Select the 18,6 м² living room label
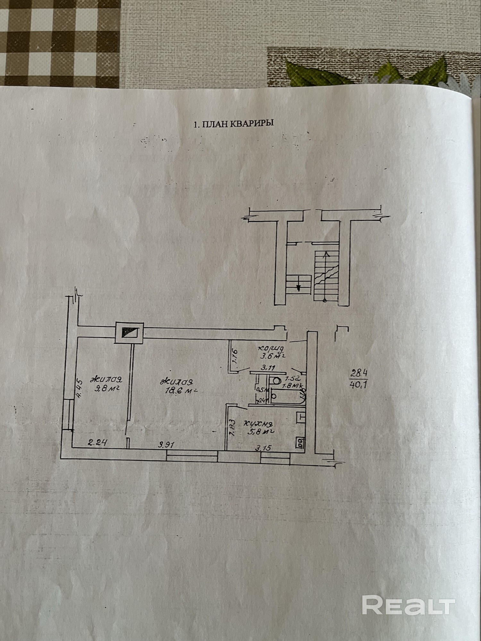point(178,386)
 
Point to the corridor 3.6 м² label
point(273,352)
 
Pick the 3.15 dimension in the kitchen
point(263,447)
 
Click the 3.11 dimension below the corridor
point(267,369)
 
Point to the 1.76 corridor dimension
point(234,356)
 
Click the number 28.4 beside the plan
point(359,373)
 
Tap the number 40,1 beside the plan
point(359,384)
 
